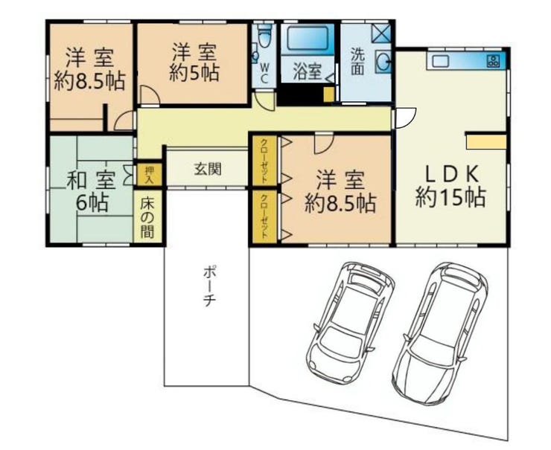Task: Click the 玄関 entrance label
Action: click(208, 170)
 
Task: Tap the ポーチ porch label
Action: click(208, 286)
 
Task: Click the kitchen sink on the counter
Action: click(441, 61)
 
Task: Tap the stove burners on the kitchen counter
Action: click(493, 62)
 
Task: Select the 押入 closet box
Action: click(150, 174)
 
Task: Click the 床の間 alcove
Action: click(147, 216)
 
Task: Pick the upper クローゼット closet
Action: click(265, 160)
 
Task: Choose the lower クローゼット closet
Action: click(265, 216)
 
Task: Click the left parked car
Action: click(350, 323)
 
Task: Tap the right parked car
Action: click(440, 332)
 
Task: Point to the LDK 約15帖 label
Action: click(451, 187)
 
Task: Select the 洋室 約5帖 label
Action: click(194, 62)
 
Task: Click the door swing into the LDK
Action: click(405, 118)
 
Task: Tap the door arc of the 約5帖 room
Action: click(150, 94)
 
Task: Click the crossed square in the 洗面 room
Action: click(381, 33)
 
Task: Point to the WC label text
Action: click(264, 73)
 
